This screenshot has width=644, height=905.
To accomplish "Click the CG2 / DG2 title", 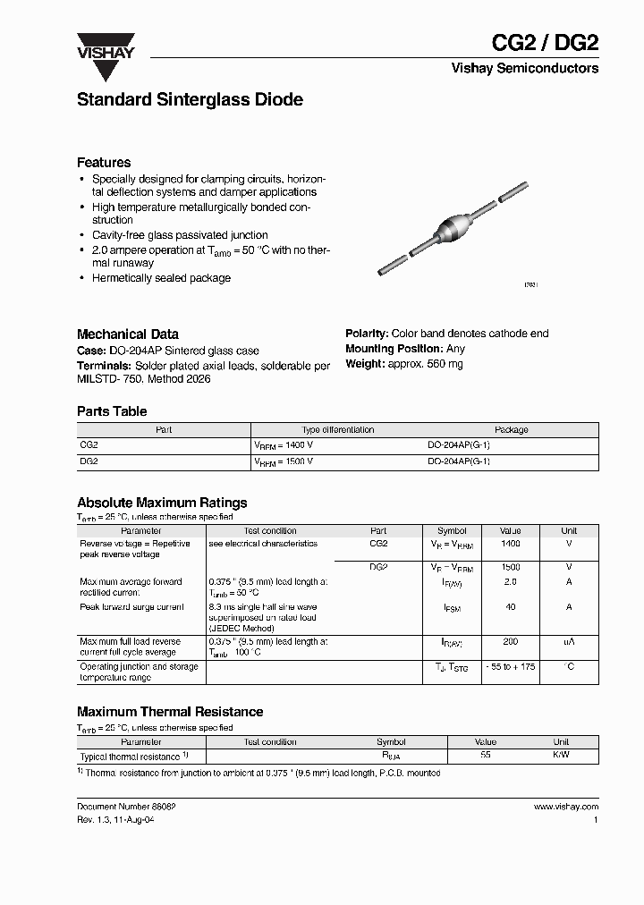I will [546, 42].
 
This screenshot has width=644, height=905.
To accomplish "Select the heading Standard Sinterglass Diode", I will [190, 100].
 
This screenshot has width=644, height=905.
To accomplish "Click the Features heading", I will [104, 163].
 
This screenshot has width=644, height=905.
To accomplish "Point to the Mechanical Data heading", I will [127, 334].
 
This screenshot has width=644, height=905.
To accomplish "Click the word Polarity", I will [366, 334].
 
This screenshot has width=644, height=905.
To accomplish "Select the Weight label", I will [365, 364].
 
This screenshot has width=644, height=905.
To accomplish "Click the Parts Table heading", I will [112, 411].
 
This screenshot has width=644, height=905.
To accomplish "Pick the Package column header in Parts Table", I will [512, 430].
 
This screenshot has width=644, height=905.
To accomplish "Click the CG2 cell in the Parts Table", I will [89, 444].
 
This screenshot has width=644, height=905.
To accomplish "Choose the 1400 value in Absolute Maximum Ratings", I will [510, 544].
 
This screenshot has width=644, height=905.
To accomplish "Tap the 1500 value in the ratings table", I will [510, 568].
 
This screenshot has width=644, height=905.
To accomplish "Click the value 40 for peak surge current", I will [510, 607].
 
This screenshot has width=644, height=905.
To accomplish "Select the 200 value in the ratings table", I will [510, 642].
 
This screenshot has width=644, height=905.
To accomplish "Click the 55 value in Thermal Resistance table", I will [486, 756].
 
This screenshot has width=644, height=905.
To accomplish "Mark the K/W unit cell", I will [561, 756].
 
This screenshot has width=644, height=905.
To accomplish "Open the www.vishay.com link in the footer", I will [565, 807].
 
